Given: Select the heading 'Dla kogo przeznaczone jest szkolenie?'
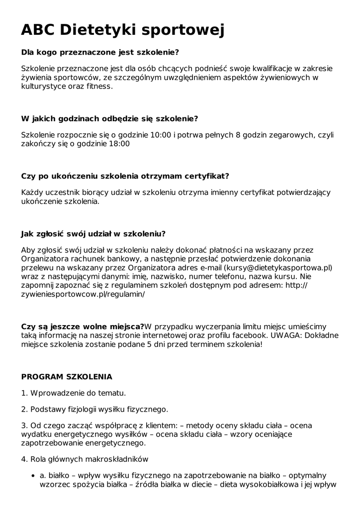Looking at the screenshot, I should [100, 52].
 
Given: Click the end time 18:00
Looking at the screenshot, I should [119, 144].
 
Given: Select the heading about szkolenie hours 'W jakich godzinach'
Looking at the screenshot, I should [109, 119].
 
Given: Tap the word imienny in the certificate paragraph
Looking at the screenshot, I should [213, 192].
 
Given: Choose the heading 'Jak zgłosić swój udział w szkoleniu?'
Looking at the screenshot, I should [93, 234].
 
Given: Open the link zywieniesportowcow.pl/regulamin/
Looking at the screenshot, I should [83, 294].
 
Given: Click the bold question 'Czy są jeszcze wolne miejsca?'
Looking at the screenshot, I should [83, 326].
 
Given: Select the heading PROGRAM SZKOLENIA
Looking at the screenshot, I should [67, 377].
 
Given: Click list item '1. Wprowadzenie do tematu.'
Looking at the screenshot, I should [73, 393].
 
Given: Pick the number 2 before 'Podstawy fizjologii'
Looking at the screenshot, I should [23, 410].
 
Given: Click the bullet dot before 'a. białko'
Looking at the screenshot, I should [33, 476].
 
